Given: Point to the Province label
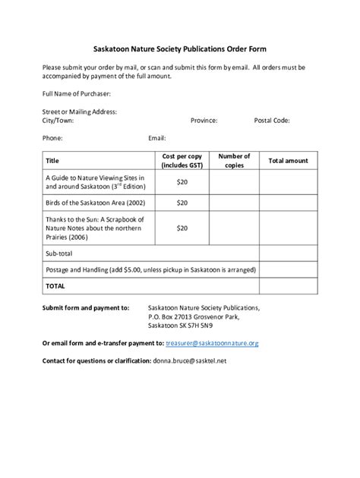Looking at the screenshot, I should (x=204, y=120).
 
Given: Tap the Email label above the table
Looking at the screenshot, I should (x=157, y=138).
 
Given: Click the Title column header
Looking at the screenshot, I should (x=53, y=161).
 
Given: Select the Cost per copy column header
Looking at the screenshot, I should (x=182, y=160).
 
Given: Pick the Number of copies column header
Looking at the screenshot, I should (x=234, y=160).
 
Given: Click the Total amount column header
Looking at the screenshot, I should (x=288, y=161).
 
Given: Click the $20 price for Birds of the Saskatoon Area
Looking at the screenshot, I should (x=182, y=203).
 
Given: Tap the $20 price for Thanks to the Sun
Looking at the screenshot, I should (x=182, y=228).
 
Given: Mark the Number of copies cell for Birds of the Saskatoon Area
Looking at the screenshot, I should (x=234, y=203).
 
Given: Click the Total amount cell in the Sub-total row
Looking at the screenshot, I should (x=288, y=253).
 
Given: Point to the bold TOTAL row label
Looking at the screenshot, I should (x=55, y=287).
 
